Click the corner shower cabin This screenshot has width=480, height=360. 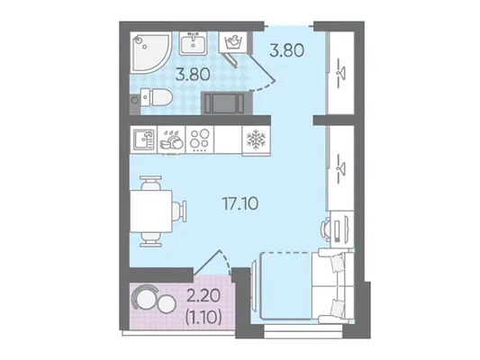[x=149, y=52]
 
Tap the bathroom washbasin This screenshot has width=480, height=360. [x=193, y=44]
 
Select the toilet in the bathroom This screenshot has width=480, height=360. [x=156, y=97]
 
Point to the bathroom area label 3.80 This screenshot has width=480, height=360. [x=193, y=75]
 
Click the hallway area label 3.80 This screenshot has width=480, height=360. [x=287, y=50]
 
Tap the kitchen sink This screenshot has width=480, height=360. [x=143, y=139]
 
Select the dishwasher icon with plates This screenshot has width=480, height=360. [x=171, y=140]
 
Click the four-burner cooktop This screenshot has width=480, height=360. [x=200, y=139]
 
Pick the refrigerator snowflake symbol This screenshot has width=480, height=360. [x=257, y=139]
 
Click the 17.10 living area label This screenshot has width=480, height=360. [x=240, y=203]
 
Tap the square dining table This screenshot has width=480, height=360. [x=151, y=211]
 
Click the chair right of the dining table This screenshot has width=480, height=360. [x=179, y=211]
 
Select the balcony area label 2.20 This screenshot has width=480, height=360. [x=204, y=296]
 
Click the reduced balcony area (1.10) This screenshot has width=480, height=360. [x=204, y=318]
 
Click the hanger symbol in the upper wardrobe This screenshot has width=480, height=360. [x=341, y=73]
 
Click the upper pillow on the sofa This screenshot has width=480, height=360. [x=337, y=264]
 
